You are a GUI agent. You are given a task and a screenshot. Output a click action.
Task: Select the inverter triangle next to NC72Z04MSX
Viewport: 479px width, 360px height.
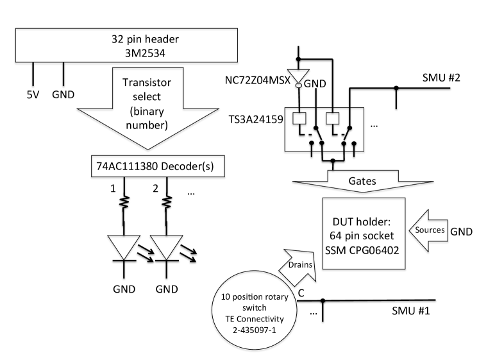[298, 76]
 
